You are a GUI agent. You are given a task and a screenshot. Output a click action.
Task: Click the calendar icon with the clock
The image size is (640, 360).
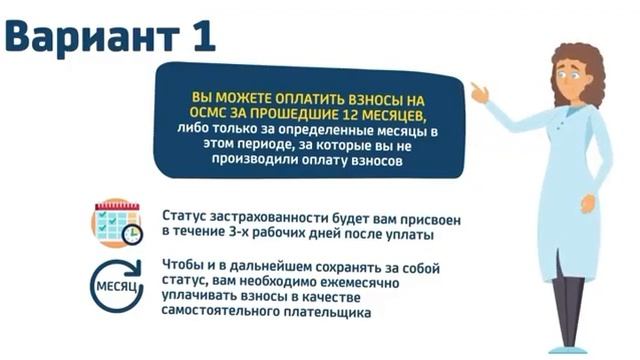[116, 222]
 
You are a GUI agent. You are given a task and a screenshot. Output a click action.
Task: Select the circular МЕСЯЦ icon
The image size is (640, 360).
[115, 286]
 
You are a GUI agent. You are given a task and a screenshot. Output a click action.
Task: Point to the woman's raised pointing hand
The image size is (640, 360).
[479, 92]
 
